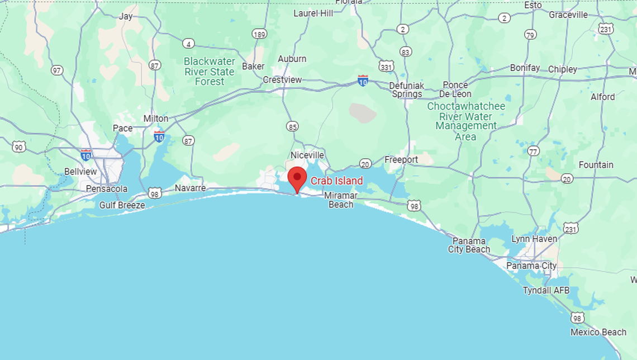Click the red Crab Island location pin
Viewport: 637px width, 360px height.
tap(297, 178)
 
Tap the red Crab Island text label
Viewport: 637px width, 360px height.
tap(336, 181)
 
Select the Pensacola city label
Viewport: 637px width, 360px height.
tap(107, 188)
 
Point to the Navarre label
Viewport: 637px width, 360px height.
tap(190, 188)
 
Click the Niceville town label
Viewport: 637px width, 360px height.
tap(307, 155)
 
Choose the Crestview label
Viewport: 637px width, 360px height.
tap(282, 80)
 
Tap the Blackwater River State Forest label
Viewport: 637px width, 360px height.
tap(210, 71)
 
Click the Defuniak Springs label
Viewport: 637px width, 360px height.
tap(407, 89)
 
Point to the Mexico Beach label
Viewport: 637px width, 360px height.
tap(598, 332)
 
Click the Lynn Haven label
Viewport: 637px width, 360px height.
tap(534, 239)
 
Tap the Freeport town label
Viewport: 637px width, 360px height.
tap(401, 160)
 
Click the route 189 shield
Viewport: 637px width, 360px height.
tap(259, 34)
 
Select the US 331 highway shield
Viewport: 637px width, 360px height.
tap(386, 67)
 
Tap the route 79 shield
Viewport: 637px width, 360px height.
tap(530, 35)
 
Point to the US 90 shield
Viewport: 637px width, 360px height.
tap(19, 147)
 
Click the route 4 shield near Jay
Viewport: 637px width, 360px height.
tap(188, 44)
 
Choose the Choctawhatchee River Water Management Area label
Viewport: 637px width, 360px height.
tap(465, 121)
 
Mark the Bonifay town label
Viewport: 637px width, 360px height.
tap(525, 68)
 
